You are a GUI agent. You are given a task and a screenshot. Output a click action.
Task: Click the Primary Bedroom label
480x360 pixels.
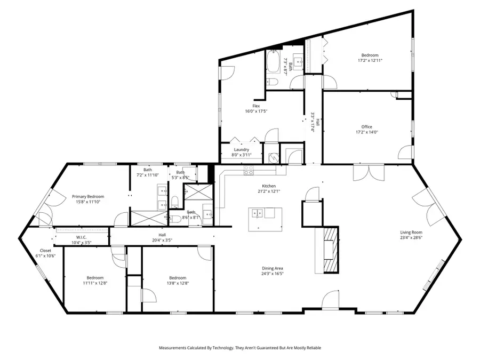[88, 196]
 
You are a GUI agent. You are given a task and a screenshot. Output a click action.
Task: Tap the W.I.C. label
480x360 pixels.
[81, 237]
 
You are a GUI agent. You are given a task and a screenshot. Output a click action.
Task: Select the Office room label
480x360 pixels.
[366, 126]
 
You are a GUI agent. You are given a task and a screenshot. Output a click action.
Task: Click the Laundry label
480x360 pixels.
[241, 149]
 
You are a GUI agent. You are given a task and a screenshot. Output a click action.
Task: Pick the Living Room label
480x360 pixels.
[411, 232]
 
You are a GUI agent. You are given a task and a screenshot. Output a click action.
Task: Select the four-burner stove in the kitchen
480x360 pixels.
[249, 170]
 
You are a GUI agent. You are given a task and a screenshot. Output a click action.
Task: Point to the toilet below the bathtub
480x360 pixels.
[272, 82]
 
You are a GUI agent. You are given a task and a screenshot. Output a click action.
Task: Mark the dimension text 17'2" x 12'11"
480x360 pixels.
[370, 61]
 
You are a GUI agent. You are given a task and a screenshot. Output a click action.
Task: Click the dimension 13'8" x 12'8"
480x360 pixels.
[178, 283]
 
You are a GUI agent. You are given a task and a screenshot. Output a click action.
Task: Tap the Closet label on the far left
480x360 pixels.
[46, 250]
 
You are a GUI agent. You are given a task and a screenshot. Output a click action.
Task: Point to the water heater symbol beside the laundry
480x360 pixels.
[273, 157]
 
